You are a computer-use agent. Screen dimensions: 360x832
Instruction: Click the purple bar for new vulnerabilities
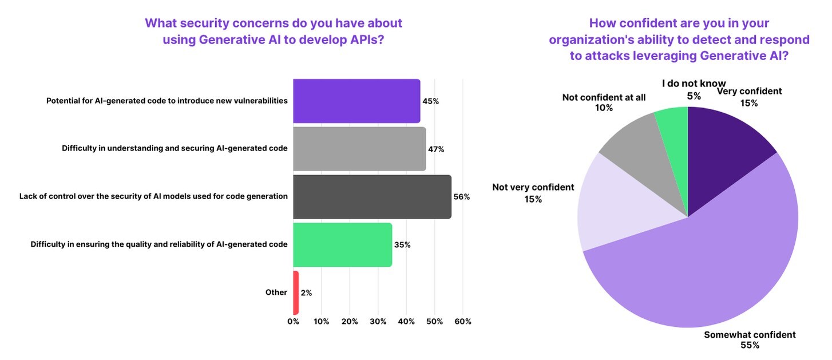356,101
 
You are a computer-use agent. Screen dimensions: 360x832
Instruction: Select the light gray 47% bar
359,149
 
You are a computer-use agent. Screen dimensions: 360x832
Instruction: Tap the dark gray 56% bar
372,197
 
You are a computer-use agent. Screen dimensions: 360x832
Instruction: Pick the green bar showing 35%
342,245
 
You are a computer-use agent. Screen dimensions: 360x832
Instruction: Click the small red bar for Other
296,292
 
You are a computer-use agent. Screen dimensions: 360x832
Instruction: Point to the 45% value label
430,101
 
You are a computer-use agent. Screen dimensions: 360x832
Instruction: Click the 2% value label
306,293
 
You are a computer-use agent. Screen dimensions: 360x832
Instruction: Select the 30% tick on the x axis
378,322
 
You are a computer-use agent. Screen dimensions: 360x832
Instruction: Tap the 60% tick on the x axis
462,322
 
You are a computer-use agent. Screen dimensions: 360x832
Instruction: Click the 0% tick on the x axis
293,322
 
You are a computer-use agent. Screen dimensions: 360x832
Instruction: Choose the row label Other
276,292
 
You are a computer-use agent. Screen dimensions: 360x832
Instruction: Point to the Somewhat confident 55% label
750,340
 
